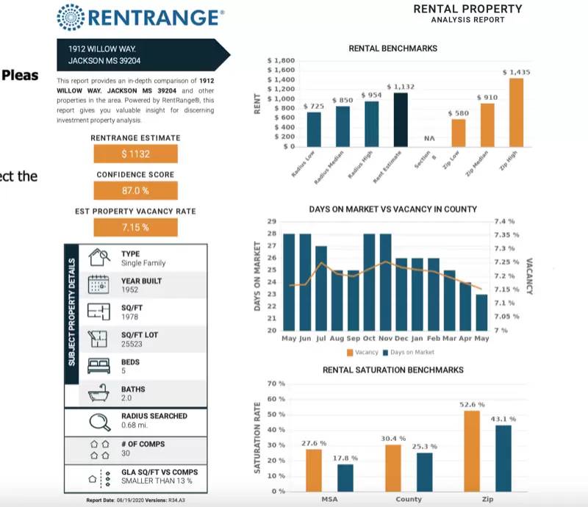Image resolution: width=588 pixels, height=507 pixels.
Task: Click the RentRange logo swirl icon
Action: (x=71, y=16)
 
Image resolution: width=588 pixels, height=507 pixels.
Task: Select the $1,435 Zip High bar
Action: (x=516, y=112)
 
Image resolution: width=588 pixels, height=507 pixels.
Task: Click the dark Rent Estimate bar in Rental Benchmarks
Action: (x=401, y=120)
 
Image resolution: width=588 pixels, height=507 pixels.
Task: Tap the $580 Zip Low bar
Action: (x=458, y=132)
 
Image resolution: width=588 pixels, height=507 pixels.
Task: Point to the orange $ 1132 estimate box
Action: (x=135, y=154)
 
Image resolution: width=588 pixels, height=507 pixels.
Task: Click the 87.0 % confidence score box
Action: (x=135, y=190)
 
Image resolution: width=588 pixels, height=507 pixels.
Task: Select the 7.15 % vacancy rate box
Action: (x=135, y=227)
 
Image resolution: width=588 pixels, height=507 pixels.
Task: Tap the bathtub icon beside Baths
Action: (x=98, y=393)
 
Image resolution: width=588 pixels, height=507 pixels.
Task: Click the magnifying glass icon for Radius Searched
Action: (x=99, y=422)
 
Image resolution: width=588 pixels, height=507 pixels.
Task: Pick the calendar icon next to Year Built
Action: (x=98, y=284)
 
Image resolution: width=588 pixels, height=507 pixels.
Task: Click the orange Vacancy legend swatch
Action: (x=350, y=353)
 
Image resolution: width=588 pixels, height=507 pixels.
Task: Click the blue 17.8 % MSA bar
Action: (x=345, y=477)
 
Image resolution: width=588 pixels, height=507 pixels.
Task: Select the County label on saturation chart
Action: (x=409, y=500)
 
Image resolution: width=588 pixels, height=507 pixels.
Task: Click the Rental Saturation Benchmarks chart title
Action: (x=392, y=370)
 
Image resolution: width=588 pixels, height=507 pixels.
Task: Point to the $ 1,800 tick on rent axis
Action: (x=281, y=60)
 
